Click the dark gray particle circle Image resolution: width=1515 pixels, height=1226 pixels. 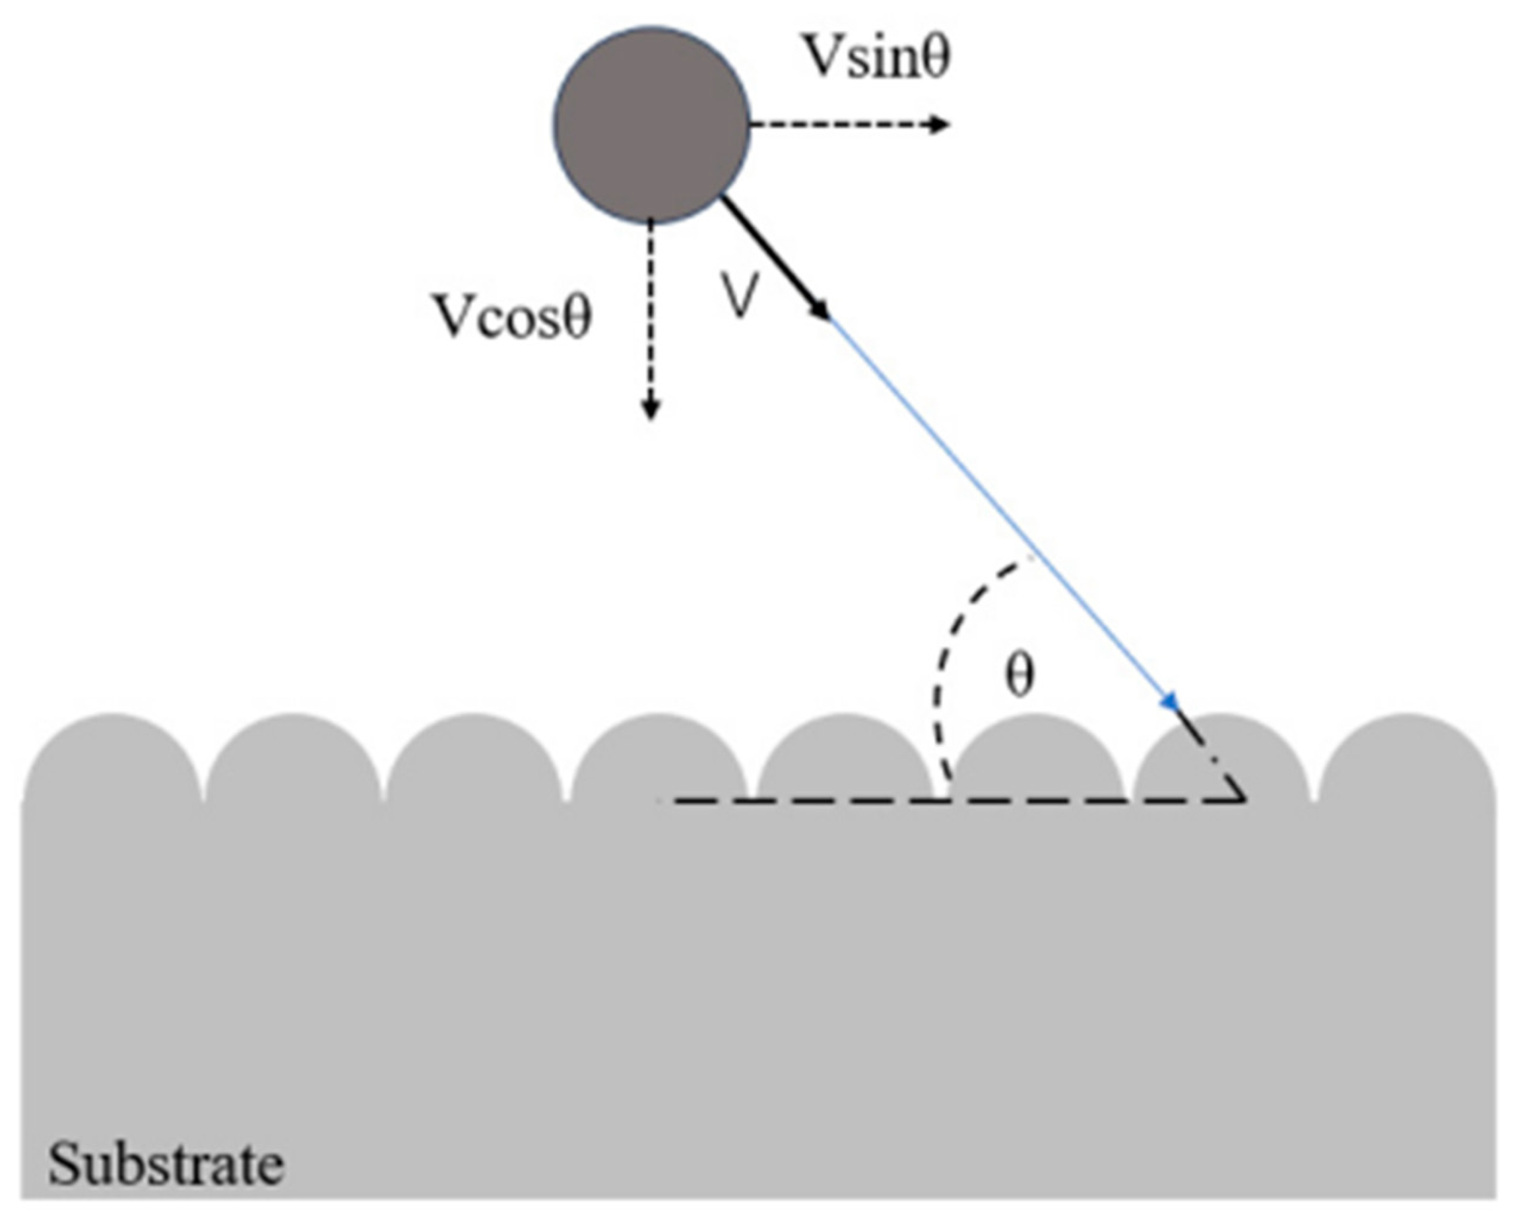tap(651, 125)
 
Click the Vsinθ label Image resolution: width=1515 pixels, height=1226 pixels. tap(878, 57)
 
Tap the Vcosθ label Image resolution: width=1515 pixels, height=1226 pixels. tap(513, 316)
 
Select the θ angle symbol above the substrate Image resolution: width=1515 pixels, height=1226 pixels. tap(1019, 675)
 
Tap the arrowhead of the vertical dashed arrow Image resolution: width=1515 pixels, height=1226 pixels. tap(651, 409)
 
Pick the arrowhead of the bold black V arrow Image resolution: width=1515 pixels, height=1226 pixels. tap(822, 311)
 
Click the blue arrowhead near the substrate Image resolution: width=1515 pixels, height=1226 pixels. tap(1170, 701)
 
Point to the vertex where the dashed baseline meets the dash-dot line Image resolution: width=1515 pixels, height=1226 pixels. tap(1244, 800)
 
